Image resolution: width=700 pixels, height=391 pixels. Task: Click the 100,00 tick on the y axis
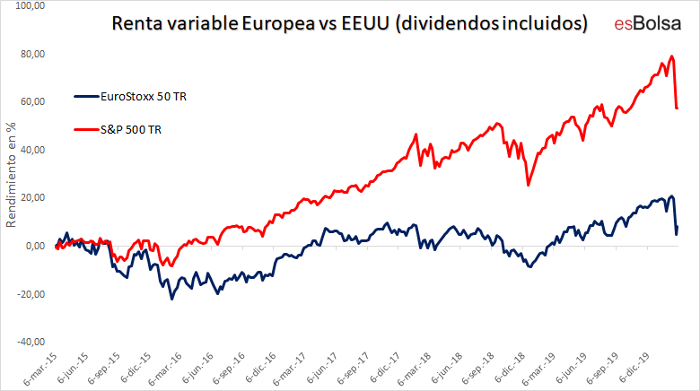tap(31, 5)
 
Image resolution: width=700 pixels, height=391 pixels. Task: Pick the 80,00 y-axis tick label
tap(33, 54)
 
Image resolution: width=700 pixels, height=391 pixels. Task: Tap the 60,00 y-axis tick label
tap(33, 101)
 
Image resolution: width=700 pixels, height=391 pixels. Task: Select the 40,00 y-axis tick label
tap(33, 150)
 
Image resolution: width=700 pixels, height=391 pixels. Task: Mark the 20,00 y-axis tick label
tap(33, 197)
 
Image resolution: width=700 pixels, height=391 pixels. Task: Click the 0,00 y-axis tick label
tap(36, 246)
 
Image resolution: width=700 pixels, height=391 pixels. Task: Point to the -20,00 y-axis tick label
tap(31, 293)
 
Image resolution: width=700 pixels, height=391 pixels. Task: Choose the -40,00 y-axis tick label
tap(31, 342)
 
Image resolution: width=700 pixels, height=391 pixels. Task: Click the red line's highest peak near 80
tap(672, 56)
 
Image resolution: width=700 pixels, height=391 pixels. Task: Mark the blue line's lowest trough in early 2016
tap(172, 298)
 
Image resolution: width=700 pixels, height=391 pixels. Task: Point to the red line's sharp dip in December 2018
tap(528, 185)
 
